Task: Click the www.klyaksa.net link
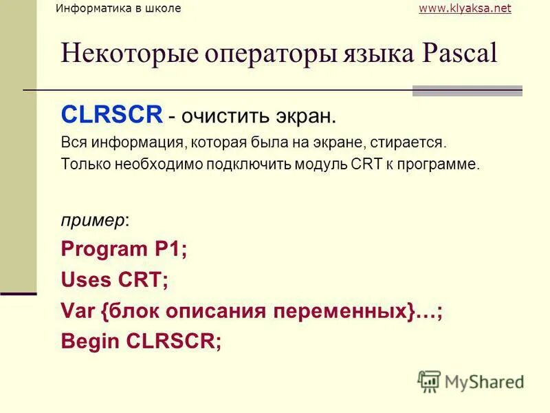point(465,8)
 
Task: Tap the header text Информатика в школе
point(118,8)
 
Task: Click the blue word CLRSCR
point(111,114)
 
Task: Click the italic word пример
point(93,221)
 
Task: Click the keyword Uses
point(82,280)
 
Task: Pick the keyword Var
point(78,310)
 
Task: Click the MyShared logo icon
point(429,381)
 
